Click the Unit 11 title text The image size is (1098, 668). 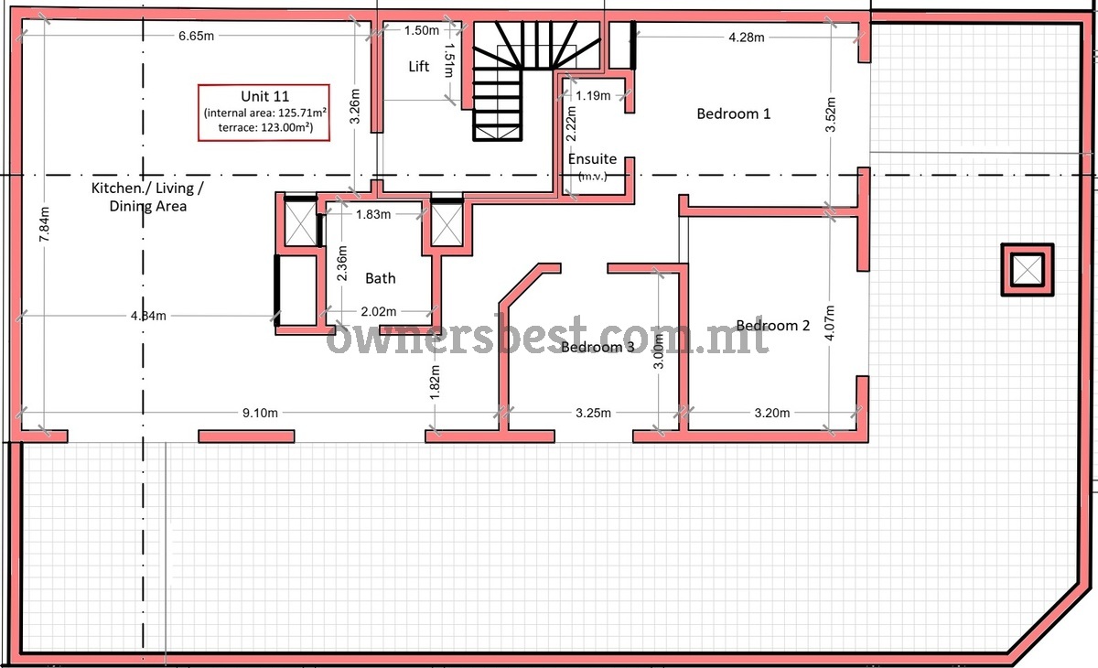tap(264, 96)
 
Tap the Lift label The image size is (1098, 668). tap(419, 66)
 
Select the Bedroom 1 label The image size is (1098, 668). tap(733, 113)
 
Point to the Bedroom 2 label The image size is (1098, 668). tap(773, 326)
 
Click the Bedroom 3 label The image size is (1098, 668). tap(597, 347)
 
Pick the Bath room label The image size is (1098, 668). tap(381, 278)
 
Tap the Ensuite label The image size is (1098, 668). tap(592, 159)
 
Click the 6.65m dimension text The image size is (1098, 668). tap(196, 36)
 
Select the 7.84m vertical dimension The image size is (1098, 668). tap(44, 224)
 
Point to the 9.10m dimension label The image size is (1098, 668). tap(260, 413)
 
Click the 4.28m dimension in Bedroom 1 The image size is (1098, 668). tap(747, 38)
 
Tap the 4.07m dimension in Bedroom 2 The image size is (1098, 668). tap(829, 322)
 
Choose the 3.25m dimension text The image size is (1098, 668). tap(593, 413)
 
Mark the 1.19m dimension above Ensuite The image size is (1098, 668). tap(593, 95)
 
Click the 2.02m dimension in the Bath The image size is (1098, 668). tap(379, 311)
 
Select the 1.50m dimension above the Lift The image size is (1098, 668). tap(422, 30)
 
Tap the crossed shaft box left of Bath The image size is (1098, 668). tap(300, 224)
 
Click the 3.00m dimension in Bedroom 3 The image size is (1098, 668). tap(659, 350)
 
